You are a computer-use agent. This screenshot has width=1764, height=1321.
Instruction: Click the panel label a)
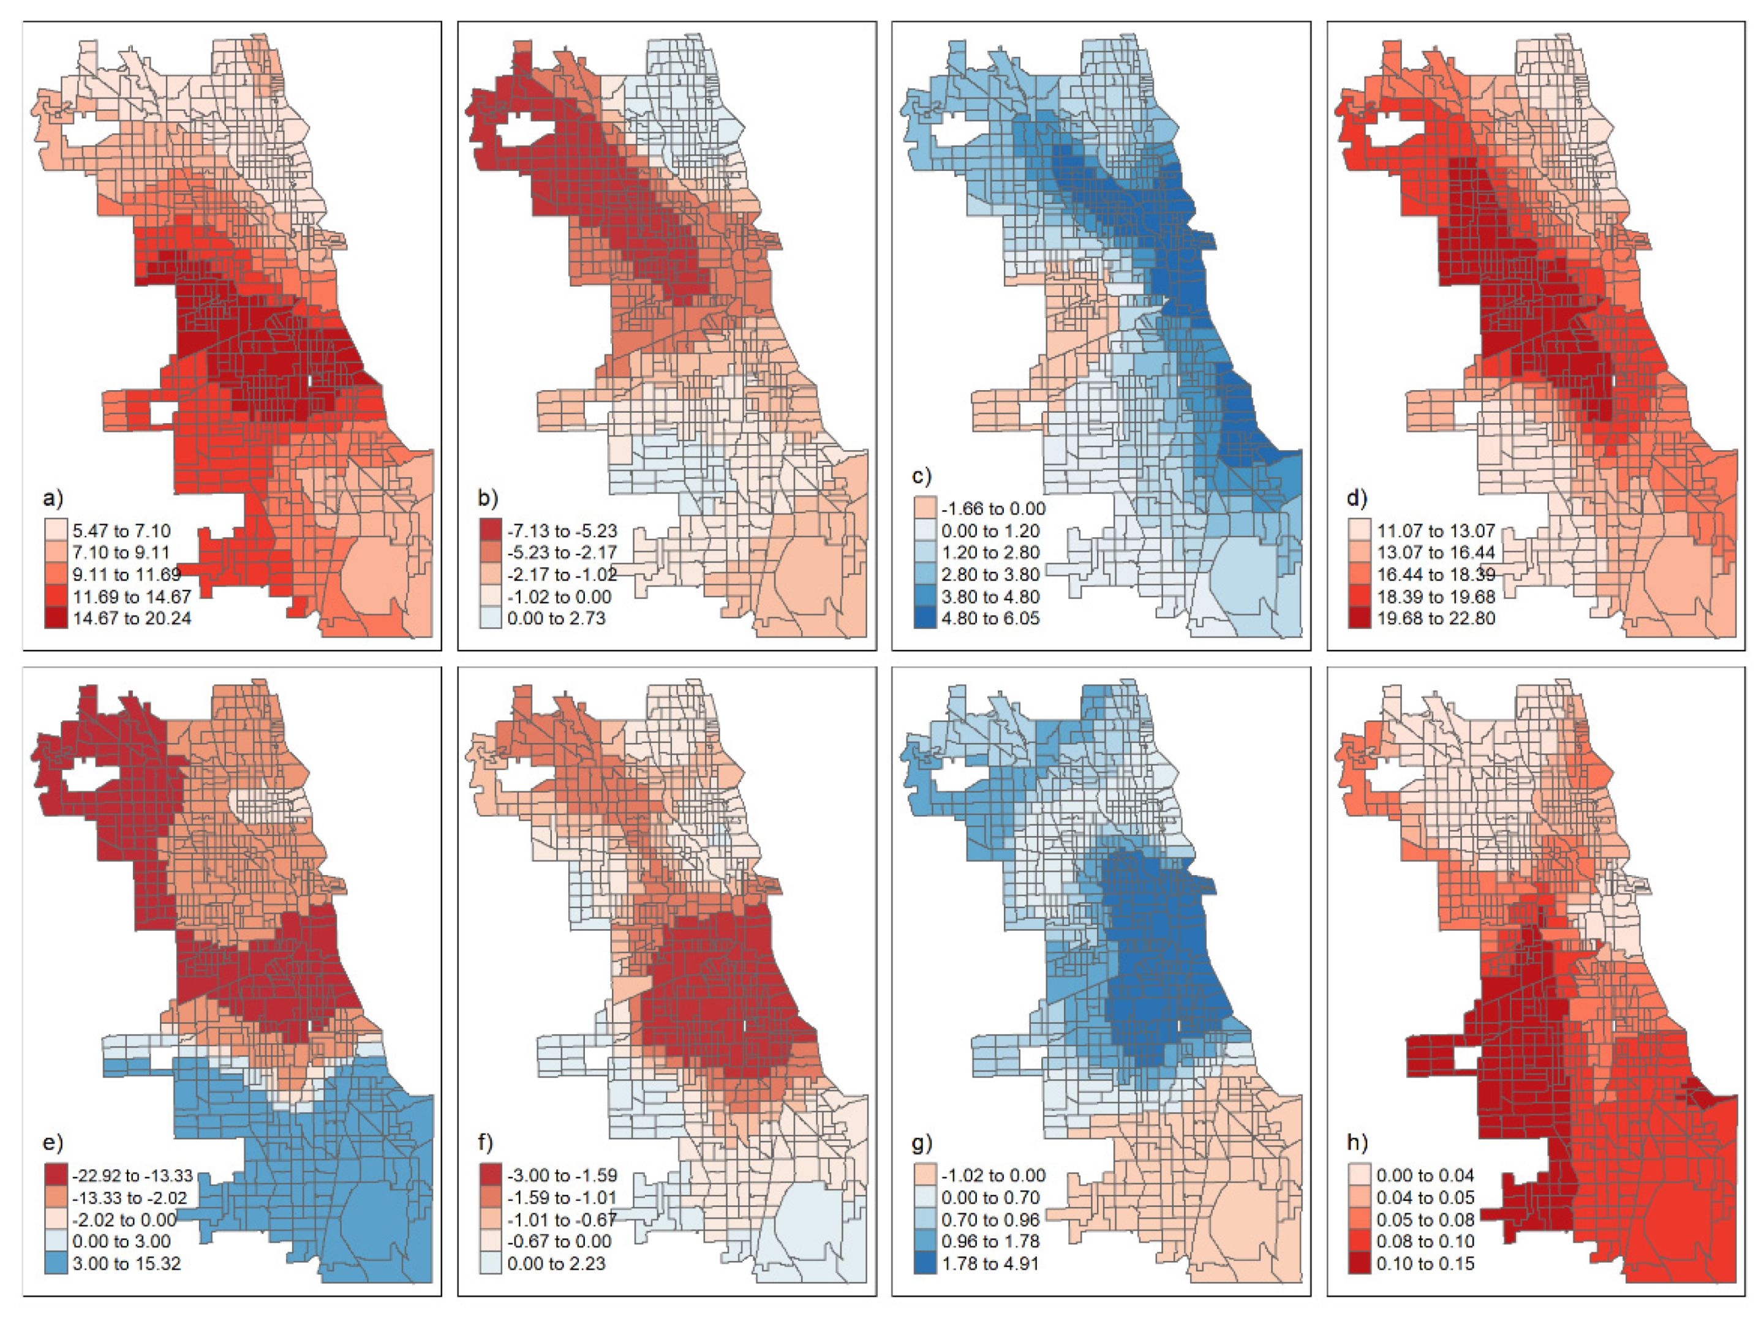tap(52, 499)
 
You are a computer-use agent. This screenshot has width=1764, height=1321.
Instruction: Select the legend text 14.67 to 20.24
tap(132, 619)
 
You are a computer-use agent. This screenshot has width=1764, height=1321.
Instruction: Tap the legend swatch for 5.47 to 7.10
tap(56, 530)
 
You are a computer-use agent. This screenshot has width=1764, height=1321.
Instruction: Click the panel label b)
tap(488, 499)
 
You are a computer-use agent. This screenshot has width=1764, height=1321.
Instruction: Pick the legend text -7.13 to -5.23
tap(562, 531)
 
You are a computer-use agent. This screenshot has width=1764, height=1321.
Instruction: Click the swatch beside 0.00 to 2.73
tap(491, 619)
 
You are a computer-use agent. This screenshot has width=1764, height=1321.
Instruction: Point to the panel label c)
tap(921, 476)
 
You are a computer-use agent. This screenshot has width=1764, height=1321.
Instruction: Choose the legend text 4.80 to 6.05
tap(990, 619)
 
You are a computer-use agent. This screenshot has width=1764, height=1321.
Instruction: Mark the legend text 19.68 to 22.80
tap(1436, 619)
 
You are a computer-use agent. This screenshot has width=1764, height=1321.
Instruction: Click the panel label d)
tap(1357, 499)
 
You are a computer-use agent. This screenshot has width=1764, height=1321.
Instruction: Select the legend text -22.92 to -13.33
tap(132, 1175)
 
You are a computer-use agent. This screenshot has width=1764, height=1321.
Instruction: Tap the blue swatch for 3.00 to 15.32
tap(56, 1263)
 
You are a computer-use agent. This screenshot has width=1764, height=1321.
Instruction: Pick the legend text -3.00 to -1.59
tap(562, 1175)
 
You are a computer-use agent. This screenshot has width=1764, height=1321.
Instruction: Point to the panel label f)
tap(486, 1143)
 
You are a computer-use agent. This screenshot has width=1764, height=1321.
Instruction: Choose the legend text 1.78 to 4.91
tap(990, 1263)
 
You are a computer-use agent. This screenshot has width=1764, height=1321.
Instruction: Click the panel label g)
tap(921, 1143)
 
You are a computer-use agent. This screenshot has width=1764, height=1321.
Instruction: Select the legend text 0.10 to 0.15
tap(1425, 1263)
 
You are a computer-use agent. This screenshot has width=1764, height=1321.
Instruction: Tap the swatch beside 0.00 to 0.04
tap(1360, 1175)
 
